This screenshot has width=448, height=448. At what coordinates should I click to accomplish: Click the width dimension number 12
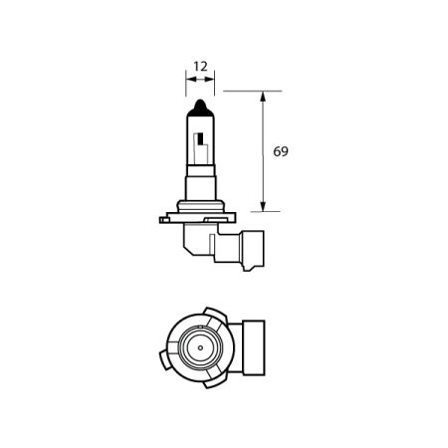pyautogui.click(x=201, y=66)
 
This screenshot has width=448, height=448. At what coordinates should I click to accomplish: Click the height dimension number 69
pyautogui.click(x=282, y=152)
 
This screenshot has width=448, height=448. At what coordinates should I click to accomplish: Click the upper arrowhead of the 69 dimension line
pyautogui.click(x=263, y=98)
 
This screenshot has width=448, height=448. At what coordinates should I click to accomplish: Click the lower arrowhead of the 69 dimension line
pyautogui.click(x=263, y=206)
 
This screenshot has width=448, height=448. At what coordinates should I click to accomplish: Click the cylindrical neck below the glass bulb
pyautogui.click(x=201, y=189)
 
